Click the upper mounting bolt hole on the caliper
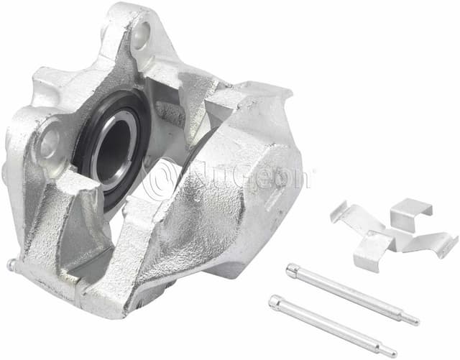point(142,34)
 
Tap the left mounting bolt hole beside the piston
point(50,144)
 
